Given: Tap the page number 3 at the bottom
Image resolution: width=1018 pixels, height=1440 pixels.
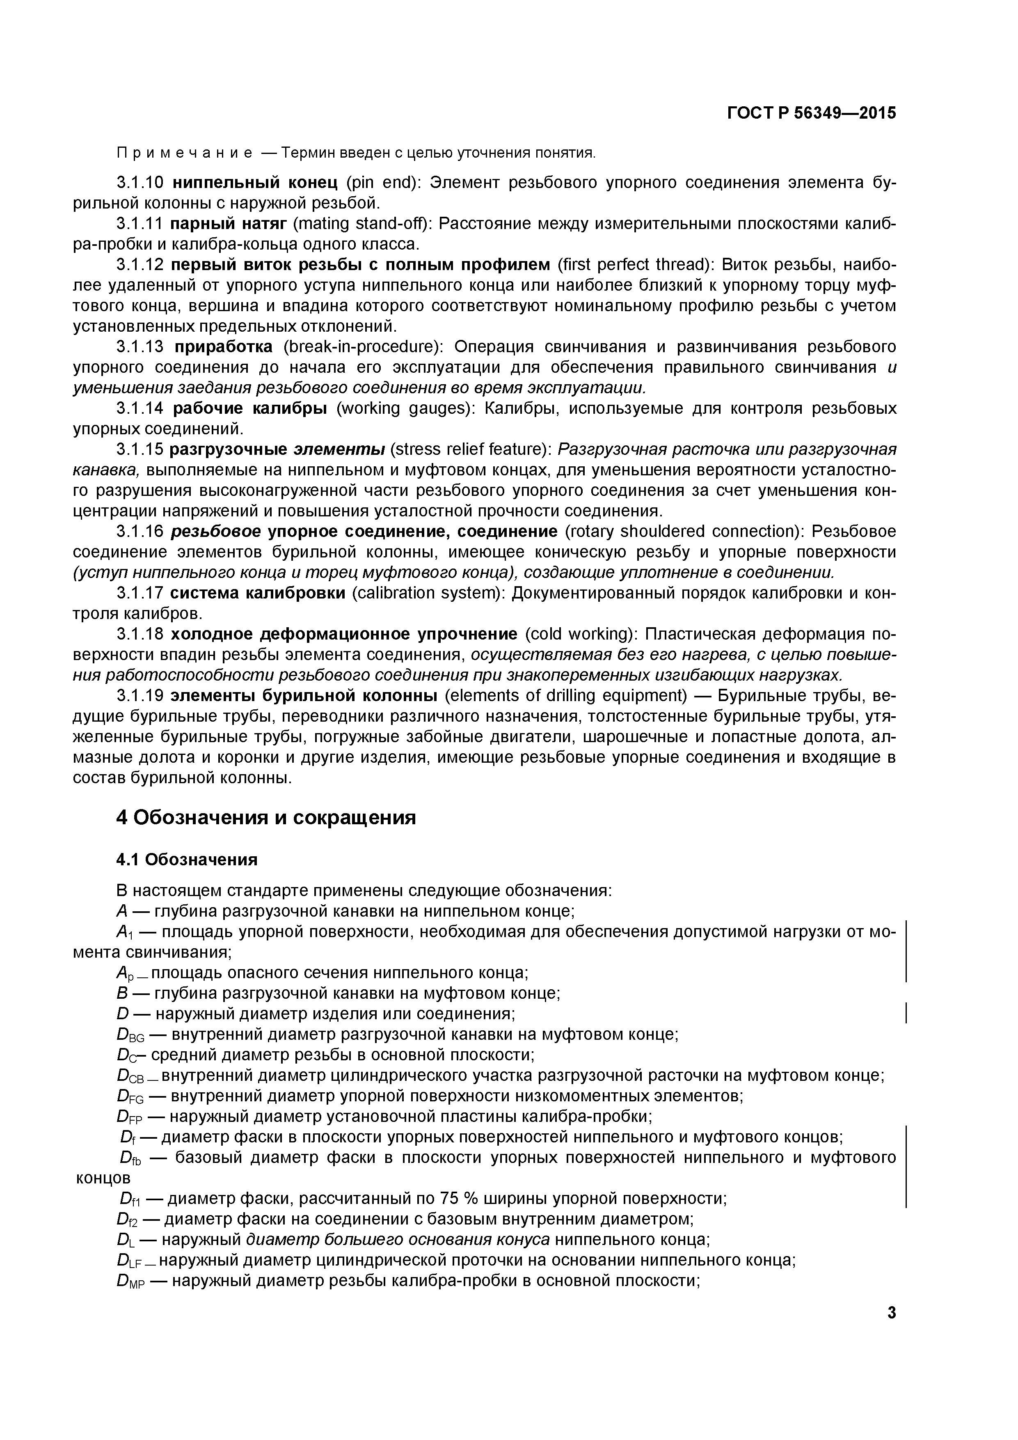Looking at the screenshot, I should point(891,1313).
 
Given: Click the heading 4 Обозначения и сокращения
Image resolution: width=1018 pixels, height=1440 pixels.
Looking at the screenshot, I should point(266,818).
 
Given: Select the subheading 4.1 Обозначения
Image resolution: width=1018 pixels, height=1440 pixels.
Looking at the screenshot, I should point(187,859).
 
